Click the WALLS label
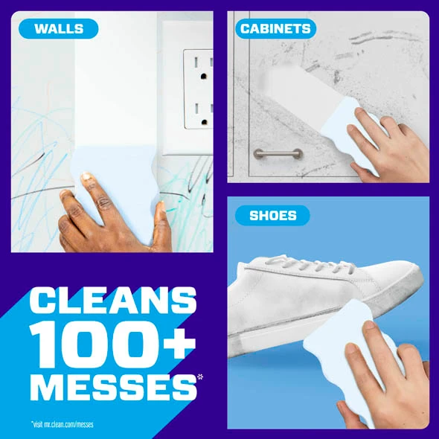pos(59,28)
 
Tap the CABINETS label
pos(275,28)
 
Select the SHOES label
pos(272,215)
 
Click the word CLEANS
pos(113,300)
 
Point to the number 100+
pos(112,344)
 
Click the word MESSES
pos(113,387)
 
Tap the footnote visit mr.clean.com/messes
pos(63,424)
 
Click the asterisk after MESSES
pos(200,377)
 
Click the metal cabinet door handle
pos(278,153)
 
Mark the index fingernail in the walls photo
pos(86,176)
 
